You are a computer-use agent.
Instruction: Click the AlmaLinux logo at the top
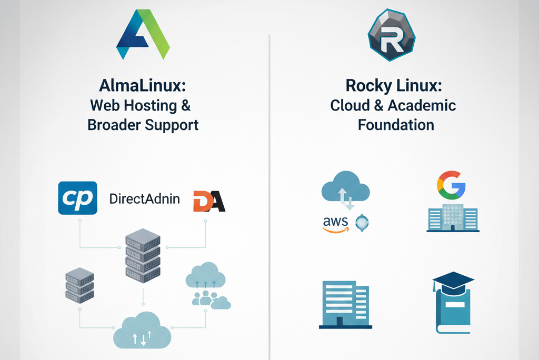coord(143,35)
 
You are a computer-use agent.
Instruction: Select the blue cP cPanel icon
coord(77,198)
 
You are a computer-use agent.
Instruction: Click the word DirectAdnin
coord(144,199)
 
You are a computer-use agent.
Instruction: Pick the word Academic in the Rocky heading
coord(422,105)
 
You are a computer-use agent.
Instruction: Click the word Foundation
coord(396,125)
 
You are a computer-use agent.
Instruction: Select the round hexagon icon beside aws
coord(363,223)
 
